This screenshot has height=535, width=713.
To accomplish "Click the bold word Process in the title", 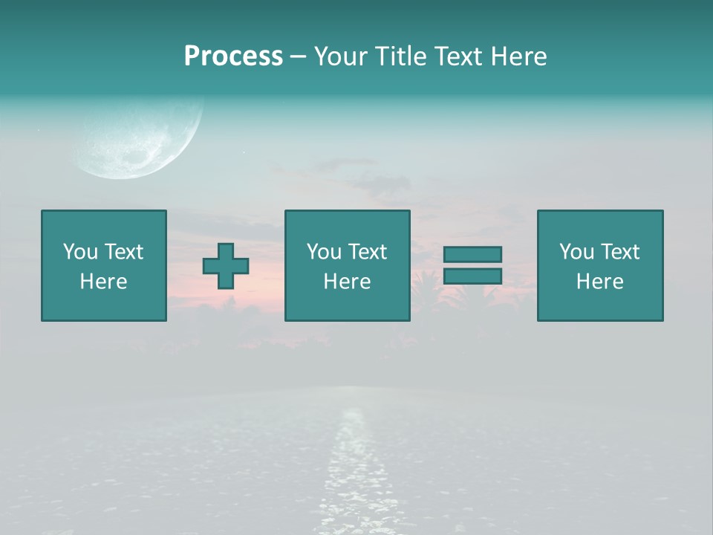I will pyautogui.click(x=233, y=56).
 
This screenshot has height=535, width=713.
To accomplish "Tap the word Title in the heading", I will pyautogui.click(x=400, y=56).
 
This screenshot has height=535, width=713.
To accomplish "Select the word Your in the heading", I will pyautogui.click(x=342, y=56).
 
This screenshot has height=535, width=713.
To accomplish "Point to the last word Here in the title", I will pyautogui.click(x=519, y=56).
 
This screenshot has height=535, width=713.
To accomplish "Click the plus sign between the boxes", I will pyautogui.click(x=226, y=266).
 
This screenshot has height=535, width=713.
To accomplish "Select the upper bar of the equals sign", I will pyautogui.click(x=472, y=254).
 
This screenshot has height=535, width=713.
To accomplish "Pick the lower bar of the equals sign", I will pyautogui.click(x=472, y=276).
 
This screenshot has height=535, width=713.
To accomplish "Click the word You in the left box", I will pyautogui.click(x=80, y=252).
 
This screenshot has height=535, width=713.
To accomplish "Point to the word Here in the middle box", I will pyautogui.click(x=347, y=282).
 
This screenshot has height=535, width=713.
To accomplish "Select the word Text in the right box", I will pyautogui.click(x=620, y=252).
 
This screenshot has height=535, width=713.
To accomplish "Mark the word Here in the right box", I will pyautogui.click(x=599, y=282).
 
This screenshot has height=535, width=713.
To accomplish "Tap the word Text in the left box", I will pyautogui.click(x=124, y=252).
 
